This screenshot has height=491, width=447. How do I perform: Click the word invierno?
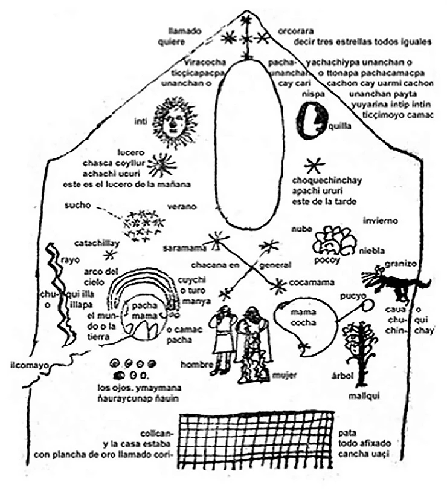(381, 221)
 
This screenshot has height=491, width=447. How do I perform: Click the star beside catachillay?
(109, 255)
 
